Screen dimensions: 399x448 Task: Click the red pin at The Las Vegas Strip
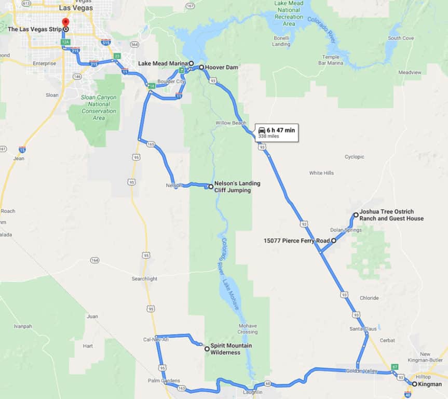click(65, 23)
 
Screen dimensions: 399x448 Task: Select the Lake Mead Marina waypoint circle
click(191, 63)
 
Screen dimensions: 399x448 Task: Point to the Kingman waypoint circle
click(414, 384)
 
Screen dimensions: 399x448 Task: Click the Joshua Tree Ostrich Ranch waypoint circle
click(356, 215)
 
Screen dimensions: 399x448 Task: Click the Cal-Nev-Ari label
click(156, 340)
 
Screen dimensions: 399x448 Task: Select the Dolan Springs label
click(346, 230)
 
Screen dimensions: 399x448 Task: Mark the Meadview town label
click(410, 72)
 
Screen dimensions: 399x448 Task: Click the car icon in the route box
click(262, 130)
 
